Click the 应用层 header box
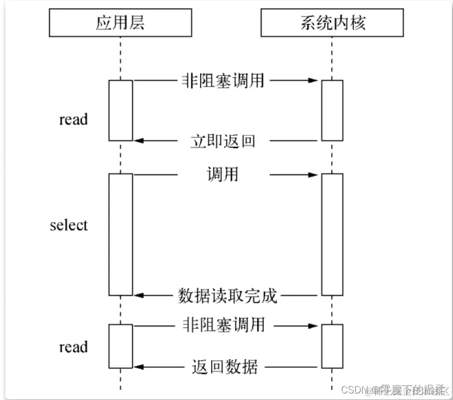tap(120, 23)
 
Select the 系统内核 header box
tap(332, 23)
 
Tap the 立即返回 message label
tap(223, 141)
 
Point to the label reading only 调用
tap(223, 175)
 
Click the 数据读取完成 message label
tap(228, 296)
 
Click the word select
tap(69, 225)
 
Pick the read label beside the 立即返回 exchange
tap(73, 119)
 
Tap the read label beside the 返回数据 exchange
tap(73, 347)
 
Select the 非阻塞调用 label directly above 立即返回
tap(222, 81)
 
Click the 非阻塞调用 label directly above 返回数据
tap(222, 325)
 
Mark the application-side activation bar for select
tap(120, 234)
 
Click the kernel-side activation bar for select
tap(332, 234)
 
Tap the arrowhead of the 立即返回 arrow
tap(138, 141)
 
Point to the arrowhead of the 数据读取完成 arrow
tap(138, 296)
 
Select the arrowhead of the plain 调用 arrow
tap(313, 175)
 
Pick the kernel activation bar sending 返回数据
tap(332, 346)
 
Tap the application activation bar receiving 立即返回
tap(120, 110)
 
